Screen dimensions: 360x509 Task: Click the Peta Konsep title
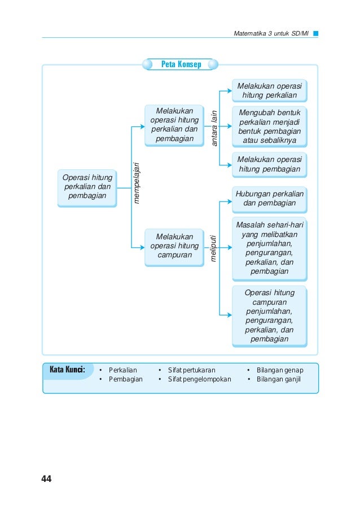(x=181, y=64)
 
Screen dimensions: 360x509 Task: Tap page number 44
(x=46, y=479)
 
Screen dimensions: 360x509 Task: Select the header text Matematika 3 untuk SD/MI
(x=271, y=33)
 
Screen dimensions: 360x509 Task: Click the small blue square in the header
(x=315, y=33)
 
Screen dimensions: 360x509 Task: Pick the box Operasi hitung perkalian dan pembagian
(x=87, y=188)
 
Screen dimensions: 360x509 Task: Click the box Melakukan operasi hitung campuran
(x=174, y=247)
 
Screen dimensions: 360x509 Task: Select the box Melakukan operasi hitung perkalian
(x=269, y=90)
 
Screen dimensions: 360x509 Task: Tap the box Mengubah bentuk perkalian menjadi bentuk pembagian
(x=269, y=126)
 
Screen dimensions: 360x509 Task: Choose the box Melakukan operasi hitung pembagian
(x=269, y=165)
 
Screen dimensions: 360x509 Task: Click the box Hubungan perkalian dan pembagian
(x=269, y=199)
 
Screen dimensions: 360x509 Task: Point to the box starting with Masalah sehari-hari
(x=269, y=249)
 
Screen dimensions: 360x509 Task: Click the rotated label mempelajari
(x=137, y=183)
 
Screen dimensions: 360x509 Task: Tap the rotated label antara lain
(x=214, y=128)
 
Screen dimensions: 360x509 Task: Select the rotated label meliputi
(x=213, y=248)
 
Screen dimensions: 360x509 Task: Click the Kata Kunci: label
(x=67, y=370)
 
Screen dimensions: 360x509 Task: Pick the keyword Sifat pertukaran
(x=191, y=370)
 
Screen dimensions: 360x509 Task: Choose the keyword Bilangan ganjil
(x=279, y=379)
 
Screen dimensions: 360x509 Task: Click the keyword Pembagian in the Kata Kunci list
(x=126, y=379)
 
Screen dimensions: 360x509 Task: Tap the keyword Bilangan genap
(x=280, y=370)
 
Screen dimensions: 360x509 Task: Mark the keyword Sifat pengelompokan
(x=200, y=379)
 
